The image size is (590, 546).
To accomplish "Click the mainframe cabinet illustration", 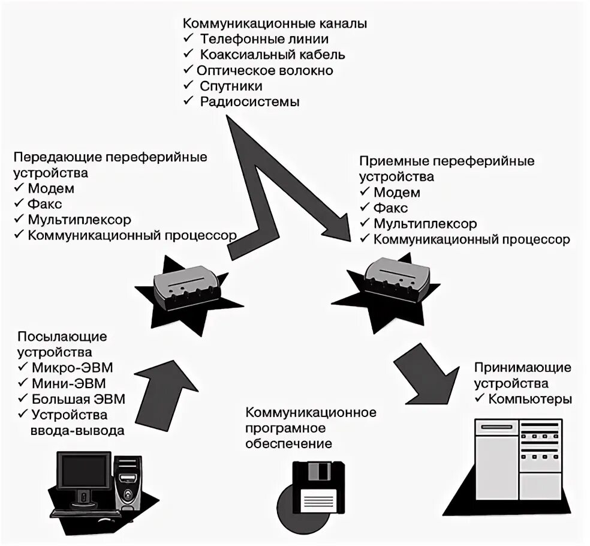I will click(516, 462).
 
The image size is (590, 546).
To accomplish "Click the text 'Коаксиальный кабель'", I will click(272, 55).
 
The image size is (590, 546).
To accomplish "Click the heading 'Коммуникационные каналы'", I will click(275, 24).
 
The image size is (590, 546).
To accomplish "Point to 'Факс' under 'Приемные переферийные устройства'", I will click(391, 208).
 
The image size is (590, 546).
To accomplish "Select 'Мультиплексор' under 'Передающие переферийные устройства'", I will click(79, 220).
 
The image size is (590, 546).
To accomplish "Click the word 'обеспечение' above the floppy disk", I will click(288, 444).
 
